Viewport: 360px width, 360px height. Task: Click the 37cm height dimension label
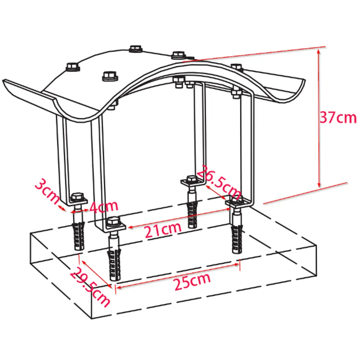click(x=338, y=117)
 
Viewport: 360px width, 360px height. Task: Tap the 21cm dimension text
click(x=163, y=230)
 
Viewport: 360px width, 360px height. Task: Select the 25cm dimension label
click(x=192, y=282)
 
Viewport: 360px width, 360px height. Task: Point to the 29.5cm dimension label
click(x=90, y=287)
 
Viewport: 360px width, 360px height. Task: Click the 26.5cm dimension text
click(x=219, y=182)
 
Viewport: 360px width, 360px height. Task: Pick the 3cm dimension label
click(x=47, y=192)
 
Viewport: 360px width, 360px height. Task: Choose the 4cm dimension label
click(x=104, y=207)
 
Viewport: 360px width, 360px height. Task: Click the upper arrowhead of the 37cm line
click(x=319, y=51)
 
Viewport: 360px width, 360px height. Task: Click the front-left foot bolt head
click(x=113, y=221)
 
